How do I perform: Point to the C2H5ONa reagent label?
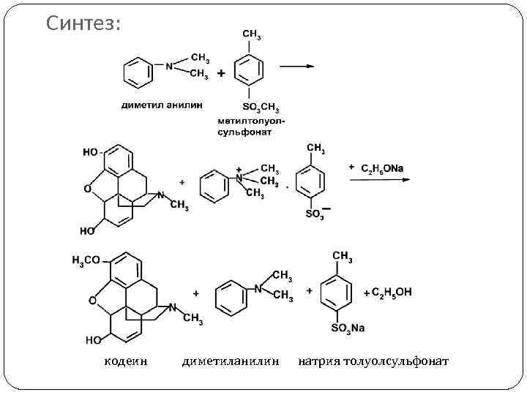pyautogui.click(x=381, y=168)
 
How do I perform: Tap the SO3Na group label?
pyautogui.click(x=348, y=328)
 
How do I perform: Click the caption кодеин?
pyautogui.click(x=126, y=361)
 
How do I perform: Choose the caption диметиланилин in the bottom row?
pyautogui.click(x=231, y=361)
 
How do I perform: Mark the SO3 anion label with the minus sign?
pyautogui.click(x=315, y=214)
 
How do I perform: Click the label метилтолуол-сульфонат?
pyautogui.click(x=251, y=126)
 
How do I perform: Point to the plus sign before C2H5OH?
pyautogui.click(x=366, y=293)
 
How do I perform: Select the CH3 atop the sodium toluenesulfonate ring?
pyautogui.click(x=342, y=256)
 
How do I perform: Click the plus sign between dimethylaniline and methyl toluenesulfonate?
pyautogui.click(x=220, y=73)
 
